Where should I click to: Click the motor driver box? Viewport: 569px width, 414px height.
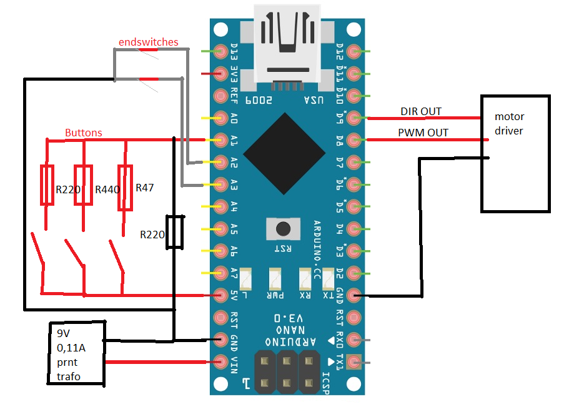tap(515, 154)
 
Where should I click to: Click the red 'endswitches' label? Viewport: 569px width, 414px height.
tap(149, 42)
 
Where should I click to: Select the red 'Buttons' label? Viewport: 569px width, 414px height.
tap(84, 133)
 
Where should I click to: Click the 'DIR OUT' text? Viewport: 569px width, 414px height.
tap(421, 111)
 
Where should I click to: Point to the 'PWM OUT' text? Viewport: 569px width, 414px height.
tap(423, 133)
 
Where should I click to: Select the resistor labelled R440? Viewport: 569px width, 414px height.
tap(84, 185)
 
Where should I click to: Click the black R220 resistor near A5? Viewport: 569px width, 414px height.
tap(175, 233)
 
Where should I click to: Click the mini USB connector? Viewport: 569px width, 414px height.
tap(287, 41)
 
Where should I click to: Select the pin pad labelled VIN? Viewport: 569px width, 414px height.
tap(220, 361)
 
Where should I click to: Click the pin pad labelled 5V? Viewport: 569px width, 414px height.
tap(220, 295)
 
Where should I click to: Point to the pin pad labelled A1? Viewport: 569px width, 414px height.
tap(220, 139)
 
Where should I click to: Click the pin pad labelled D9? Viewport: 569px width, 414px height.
tap(354, 118)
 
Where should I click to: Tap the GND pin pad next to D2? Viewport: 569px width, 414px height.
tap(354, 295)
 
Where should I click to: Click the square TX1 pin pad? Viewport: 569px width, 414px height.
tap(354, 361)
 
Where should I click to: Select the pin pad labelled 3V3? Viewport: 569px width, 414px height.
tap(220, 73)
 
